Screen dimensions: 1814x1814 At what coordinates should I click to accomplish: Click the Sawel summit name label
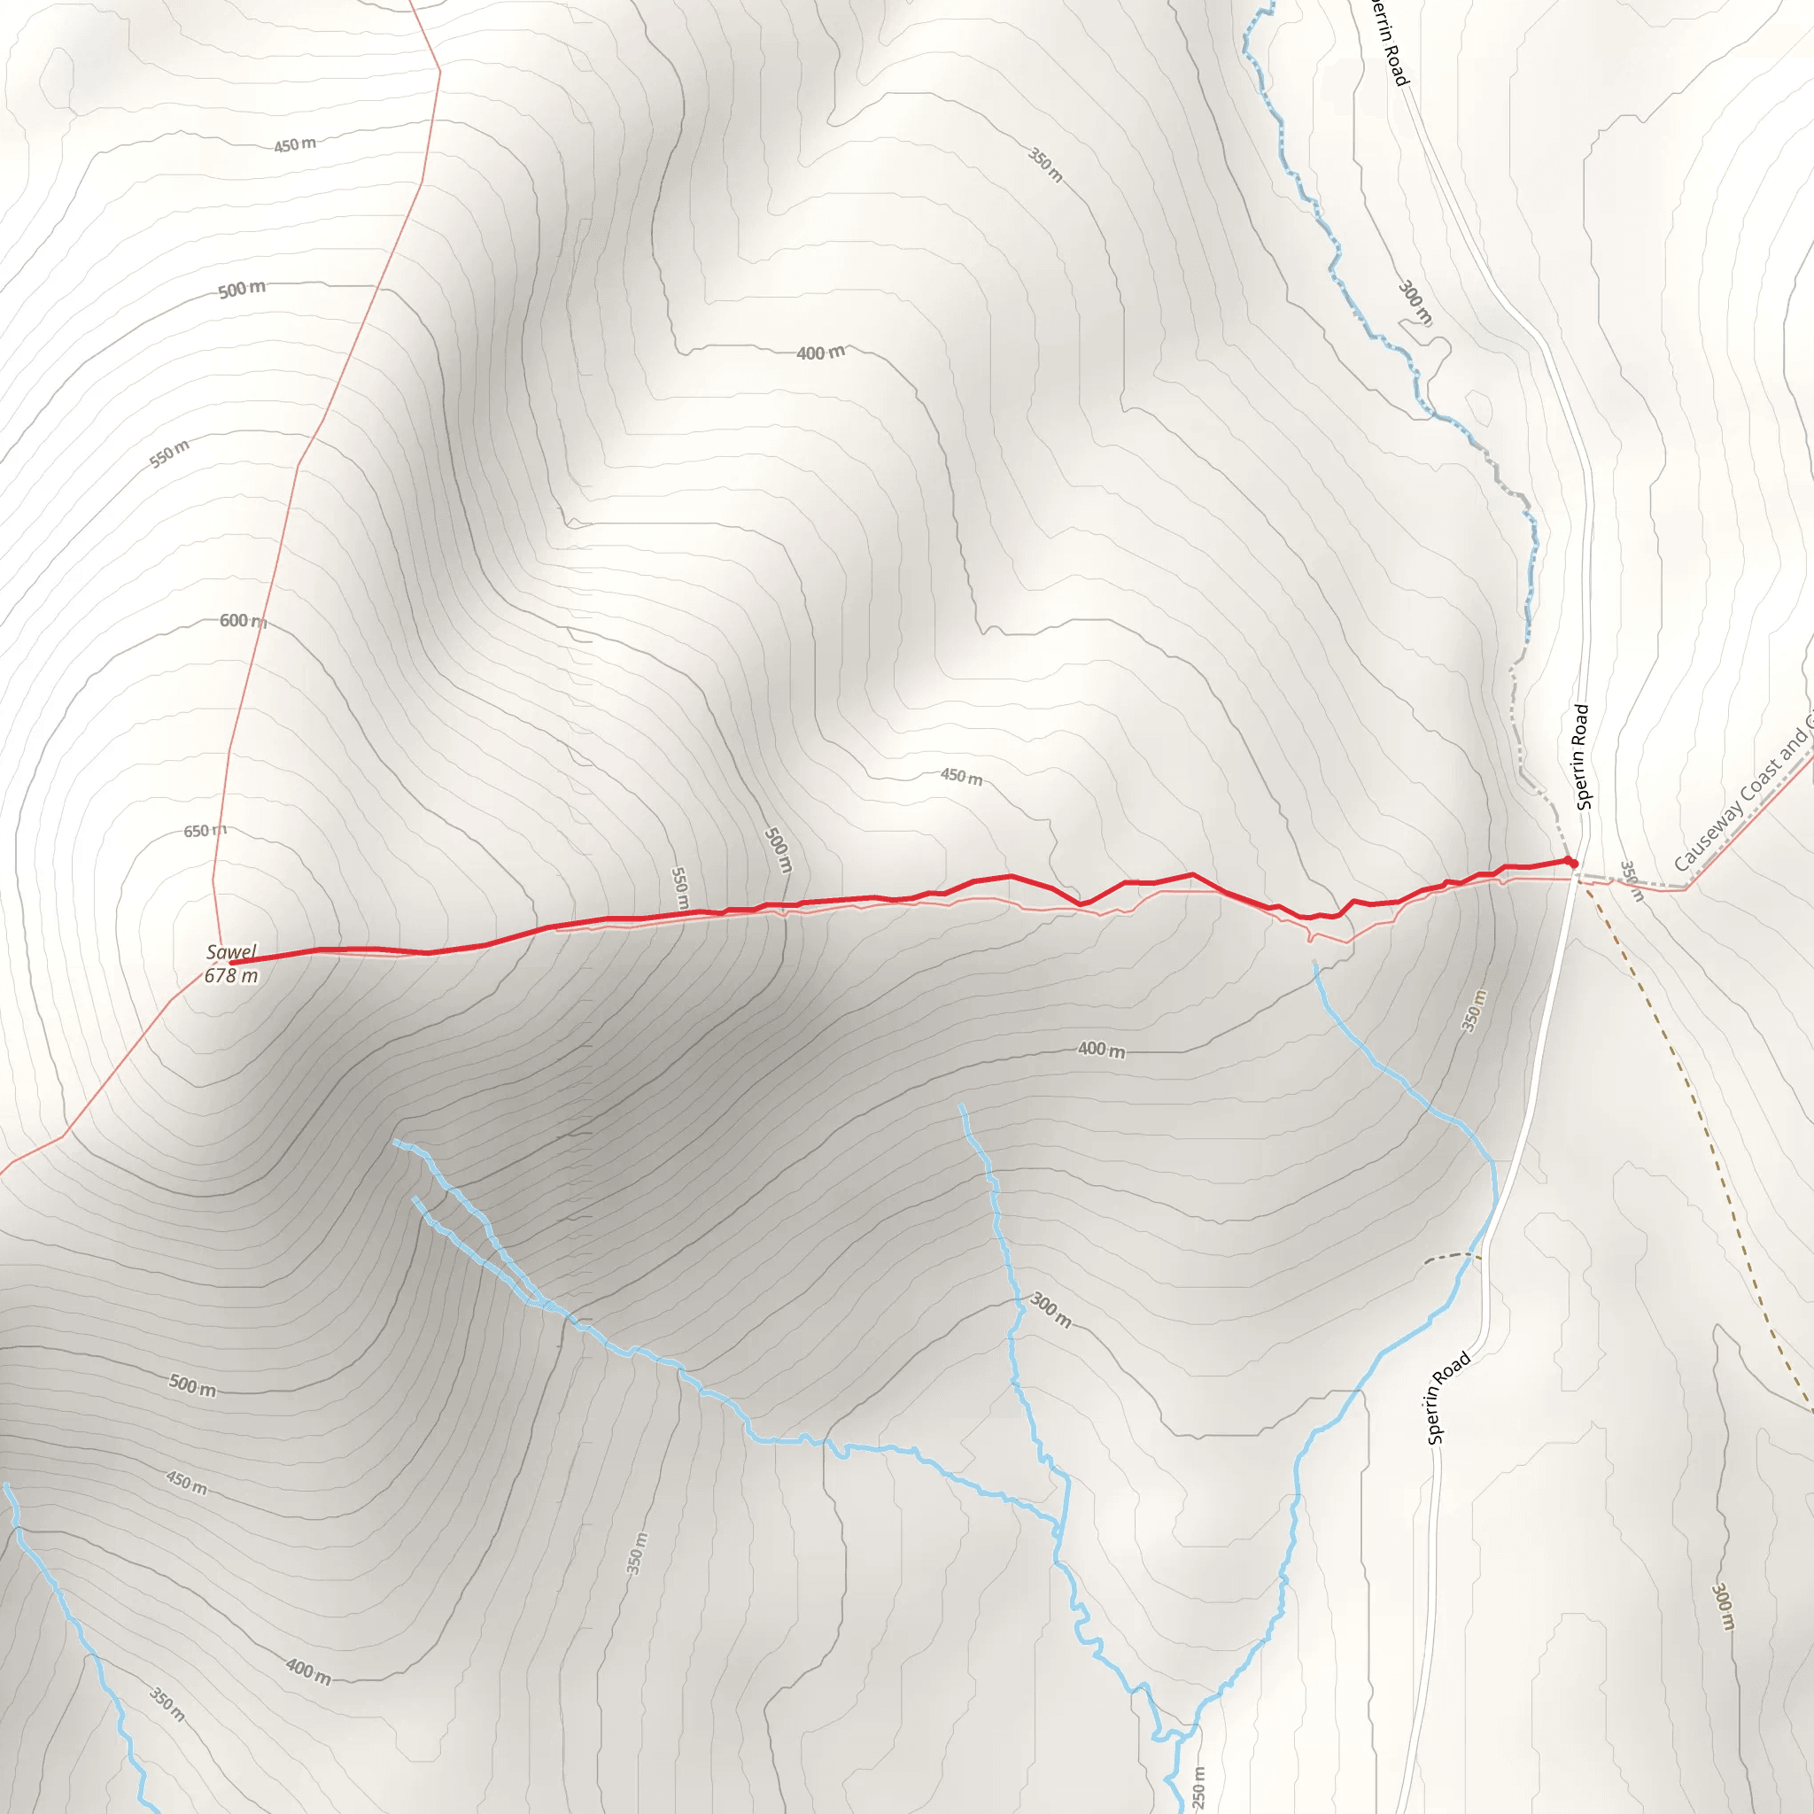231,952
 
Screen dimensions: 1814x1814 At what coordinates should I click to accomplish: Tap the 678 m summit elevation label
231,975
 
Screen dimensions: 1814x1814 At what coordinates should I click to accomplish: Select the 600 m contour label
242,621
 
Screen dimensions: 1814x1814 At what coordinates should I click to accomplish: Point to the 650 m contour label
205,831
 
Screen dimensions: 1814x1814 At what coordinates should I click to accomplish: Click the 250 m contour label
1198,1787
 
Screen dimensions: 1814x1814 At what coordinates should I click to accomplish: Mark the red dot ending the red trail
1573,863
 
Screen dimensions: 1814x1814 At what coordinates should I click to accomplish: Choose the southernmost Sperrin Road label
1448,1398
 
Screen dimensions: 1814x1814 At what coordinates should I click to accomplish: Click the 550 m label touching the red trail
679,888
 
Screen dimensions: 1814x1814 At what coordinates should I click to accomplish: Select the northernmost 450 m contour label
295,144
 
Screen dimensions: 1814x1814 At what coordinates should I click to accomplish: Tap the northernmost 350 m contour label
1045,165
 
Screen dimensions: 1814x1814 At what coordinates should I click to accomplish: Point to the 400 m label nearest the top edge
820,353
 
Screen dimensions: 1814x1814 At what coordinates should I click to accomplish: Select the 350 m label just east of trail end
1632,880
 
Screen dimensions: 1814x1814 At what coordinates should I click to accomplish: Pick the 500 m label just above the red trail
779,849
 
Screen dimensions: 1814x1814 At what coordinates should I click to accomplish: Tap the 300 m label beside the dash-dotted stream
1415,302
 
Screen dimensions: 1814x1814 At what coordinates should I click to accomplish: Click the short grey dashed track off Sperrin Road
1452,1256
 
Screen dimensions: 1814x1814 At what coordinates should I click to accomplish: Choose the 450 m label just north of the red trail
961,777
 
